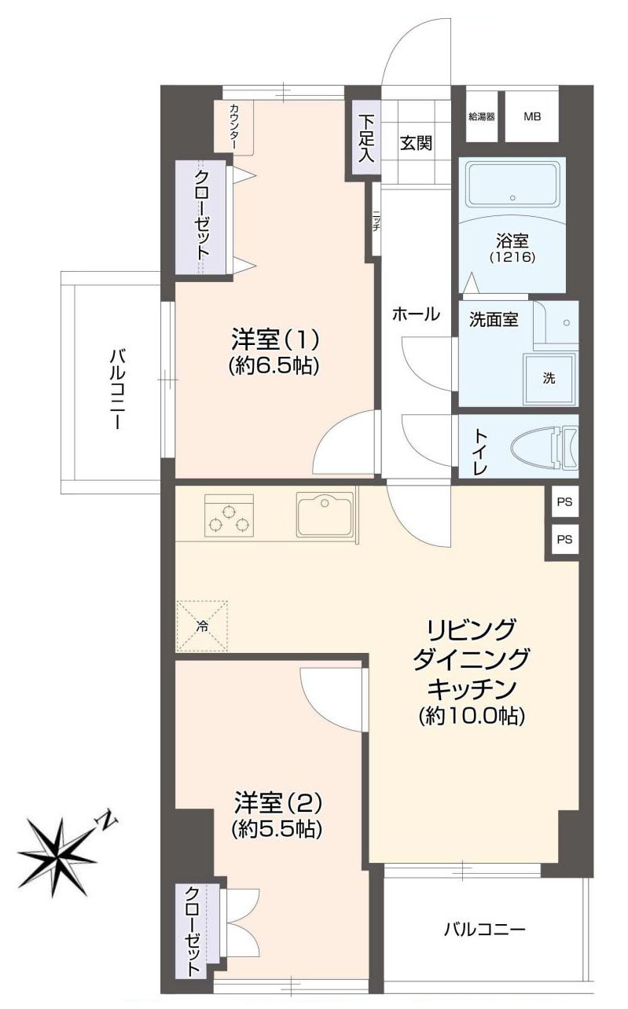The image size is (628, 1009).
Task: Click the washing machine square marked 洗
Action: pyautogui.click(x=549, y=378)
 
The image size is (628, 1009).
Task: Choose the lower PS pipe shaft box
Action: pyautogui.click(x=564, y=540)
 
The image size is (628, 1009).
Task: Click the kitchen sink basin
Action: pyautogui.click(x=325, y=514)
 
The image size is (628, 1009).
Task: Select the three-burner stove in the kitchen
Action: pyautogui.click(x=229, y=516)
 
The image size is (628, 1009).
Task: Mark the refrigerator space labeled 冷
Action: pyautogui.click(x=202, y=626)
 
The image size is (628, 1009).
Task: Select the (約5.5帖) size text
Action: pyautogui.click(x=277, y=828)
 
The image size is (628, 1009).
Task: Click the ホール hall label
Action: pyautogui.click(x=416, y=314)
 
